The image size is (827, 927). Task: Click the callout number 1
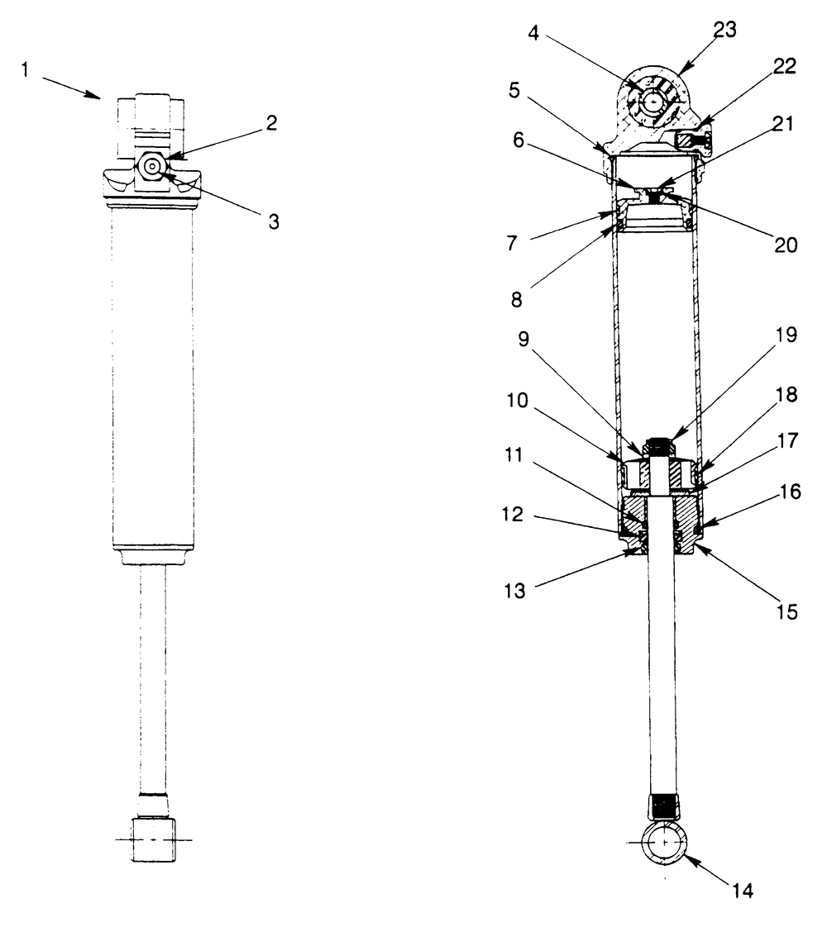(x=26, y=70)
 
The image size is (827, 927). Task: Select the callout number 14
(x=742, y=891)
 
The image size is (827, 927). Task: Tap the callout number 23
(x=725, y=30)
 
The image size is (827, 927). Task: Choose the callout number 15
(x=786, y=613)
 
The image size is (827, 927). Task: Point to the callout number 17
(x=786, y=441)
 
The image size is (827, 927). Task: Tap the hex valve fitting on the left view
(x=152, y=165)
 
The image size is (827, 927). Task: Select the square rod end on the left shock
(x=151, y=839)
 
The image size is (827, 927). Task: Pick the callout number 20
(x=786, y=245)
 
